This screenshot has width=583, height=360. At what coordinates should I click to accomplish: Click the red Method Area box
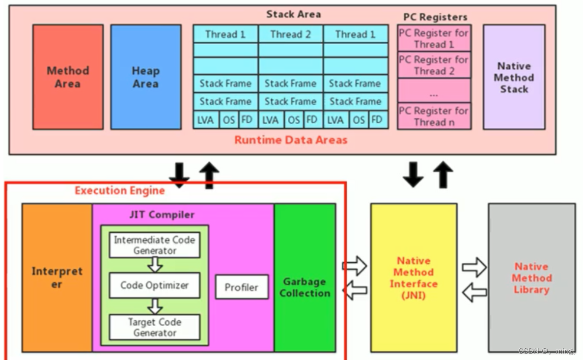[68, 77]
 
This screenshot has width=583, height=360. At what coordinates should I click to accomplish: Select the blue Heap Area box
[145, 77]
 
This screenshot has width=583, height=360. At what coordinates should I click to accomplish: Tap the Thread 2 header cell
[290, 34]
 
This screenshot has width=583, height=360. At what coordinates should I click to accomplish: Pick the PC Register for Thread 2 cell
[434, 65]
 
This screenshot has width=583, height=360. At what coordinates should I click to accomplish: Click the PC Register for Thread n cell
[434, 116]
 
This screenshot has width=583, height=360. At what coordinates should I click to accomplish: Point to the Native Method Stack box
[514, 77]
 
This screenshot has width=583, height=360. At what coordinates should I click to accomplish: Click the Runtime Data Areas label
[290, 140]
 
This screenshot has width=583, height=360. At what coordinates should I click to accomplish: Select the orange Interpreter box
[57, 277]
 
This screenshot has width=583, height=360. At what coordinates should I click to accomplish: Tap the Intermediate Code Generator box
[154, 245]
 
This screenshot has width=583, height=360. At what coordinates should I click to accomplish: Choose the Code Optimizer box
[154, 285]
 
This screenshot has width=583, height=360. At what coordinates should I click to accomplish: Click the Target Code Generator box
[154, 327]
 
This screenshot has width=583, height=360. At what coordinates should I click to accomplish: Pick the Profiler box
[241, 287]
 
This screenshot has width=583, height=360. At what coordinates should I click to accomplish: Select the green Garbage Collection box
[305, 287]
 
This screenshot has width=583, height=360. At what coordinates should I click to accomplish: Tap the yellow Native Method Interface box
[414, 277]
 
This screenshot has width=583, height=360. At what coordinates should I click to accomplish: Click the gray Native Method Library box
[531, 277]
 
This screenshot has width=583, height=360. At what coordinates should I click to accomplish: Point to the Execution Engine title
[119, 191]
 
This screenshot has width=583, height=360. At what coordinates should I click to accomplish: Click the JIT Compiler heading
[162, 215]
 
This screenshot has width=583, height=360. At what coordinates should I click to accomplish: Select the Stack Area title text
[293, 14]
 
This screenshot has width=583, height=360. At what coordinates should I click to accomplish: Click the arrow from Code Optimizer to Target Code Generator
[155, 306]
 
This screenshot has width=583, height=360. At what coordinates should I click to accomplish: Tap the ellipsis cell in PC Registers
[434, 91]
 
